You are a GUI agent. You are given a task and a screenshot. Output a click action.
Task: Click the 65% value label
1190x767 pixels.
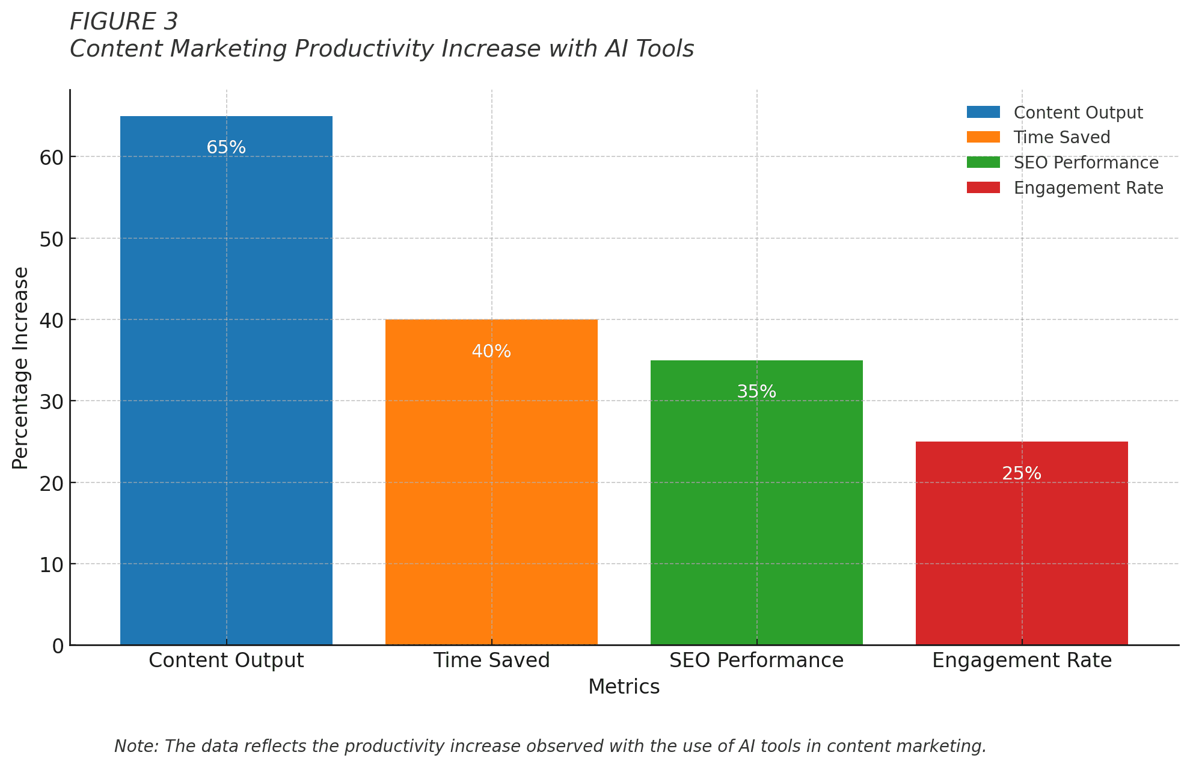(226, 147)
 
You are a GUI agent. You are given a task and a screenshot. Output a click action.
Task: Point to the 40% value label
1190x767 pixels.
(491, 351)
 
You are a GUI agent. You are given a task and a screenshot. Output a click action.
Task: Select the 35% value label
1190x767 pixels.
(756, 392)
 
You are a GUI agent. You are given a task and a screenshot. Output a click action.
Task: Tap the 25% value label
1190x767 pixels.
(1022, 473)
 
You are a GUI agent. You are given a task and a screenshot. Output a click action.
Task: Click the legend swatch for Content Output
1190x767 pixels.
(983, 112)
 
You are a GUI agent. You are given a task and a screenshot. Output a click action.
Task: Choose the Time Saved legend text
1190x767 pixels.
(1062, 138)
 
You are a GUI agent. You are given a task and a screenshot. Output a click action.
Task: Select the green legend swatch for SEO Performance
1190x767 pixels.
(983, 162)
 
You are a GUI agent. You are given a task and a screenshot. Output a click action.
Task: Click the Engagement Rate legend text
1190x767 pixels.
(1088, 188)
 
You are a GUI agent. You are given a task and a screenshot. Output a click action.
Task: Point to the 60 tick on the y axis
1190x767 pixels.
(52, 158)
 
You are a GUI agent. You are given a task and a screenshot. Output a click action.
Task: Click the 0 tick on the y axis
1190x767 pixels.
(58, 646)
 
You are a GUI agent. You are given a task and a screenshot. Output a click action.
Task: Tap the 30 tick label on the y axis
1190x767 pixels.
(52, 402)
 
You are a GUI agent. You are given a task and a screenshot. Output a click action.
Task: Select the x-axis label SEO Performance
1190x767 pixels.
(756, 661)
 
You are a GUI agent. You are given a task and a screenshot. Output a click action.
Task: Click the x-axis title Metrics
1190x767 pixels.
(624, 687)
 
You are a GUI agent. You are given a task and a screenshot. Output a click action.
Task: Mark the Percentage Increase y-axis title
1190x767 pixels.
(20, 368)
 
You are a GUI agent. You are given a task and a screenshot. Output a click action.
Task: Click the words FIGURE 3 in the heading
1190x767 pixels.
(124, 22)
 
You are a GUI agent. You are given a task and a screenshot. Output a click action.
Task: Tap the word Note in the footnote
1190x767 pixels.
(135, 747)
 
